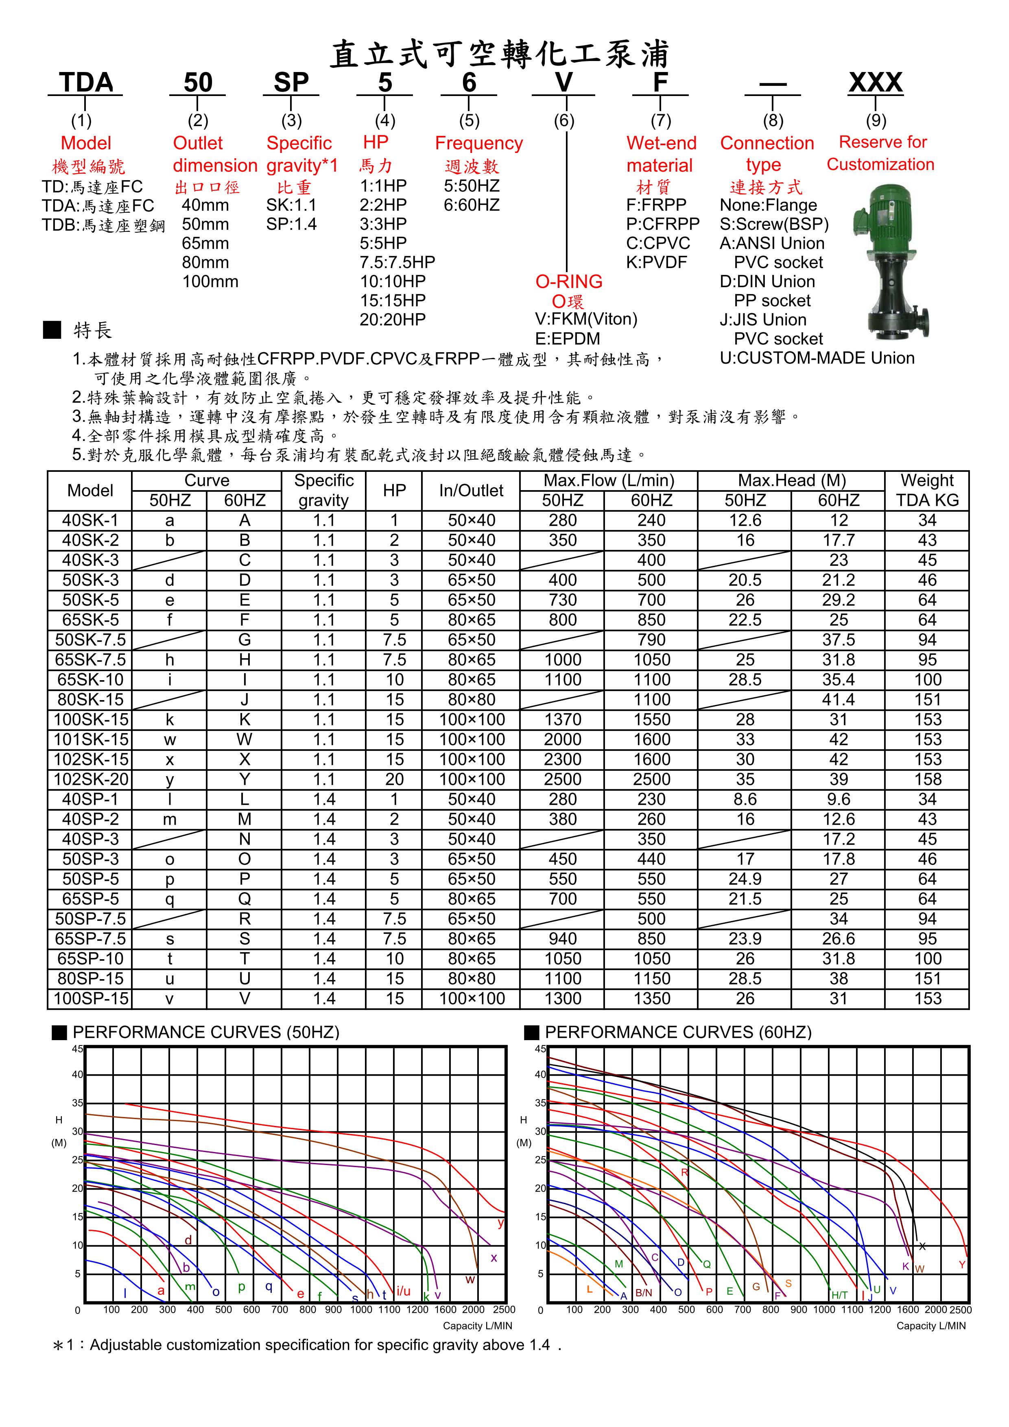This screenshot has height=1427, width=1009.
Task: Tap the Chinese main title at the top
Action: [x=499, y=54]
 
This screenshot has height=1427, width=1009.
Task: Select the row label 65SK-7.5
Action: [x=90, y=659]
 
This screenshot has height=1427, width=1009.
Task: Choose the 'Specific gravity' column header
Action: [x=323, y=490]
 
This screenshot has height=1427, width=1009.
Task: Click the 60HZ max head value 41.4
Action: [x=838, y=700]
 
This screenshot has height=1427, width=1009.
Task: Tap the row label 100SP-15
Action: [x=90, y=999]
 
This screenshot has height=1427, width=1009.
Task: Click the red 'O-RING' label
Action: [x=569, y=281]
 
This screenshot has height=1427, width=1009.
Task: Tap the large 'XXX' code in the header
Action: [x=875, y=82]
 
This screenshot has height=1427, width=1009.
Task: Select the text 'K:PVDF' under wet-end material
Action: [x=657, y=262]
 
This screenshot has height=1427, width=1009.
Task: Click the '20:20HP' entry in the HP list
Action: [x=392, y=319]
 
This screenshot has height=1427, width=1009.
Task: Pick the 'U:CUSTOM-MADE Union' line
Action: [x=817, y=358]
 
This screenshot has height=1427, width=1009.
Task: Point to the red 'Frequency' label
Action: [x=479, y=143]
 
